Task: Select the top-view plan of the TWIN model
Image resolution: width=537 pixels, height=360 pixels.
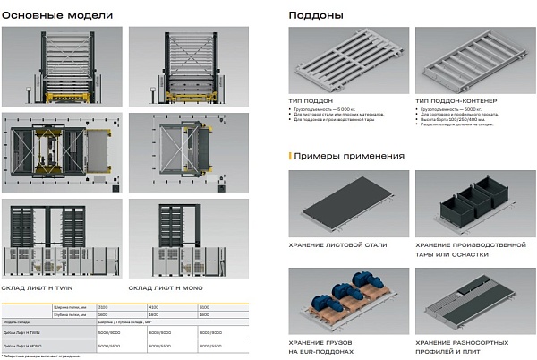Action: (x=62, y=151)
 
